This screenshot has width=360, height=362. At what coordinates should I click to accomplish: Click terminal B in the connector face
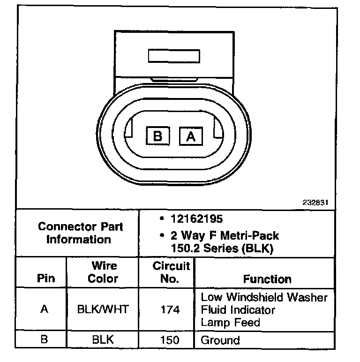tap(157, 136)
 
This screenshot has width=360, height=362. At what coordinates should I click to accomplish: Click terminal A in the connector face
tap(191, 136)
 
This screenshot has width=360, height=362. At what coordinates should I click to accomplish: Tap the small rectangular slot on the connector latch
tap(174, 56)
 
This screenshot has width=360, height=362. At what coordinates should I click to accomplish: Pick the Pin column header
tap(45, 279)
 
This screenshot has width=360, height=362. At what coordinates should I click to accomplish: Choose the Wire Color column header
tap(103, 272)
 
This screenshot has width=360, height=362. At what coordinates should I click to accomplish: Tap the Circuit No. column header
tap(172, 272)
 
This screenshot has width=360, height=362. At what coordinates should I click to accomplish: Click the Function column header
tap(267, 279)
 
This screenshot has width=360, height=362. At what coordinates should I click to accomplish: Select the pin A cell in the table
tap(45, 309)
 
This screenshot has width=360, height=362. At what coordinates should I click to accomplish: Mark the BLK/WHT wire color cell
tap(103, 309)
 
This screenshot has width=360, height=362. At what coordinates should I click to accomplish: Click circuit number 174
tap(170, 309)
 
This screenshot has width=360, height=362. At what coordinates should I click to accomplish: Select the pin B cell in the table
tap(44, 339)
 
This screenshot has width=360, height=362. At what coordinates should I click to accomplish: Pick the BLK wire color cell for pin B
tap(103, 339)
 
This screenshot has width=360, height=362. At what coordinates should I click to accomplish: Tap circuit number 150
tap(170, 339)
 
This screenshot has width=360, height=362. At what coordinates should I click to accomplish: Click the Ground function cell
tap(220, 340)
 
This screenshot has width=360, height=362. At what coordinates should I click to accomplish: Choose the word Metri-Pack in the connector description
tap(254, 236)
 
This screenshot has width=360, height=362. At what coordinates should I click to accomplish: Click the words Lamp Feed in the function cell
tap(231, 323)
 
